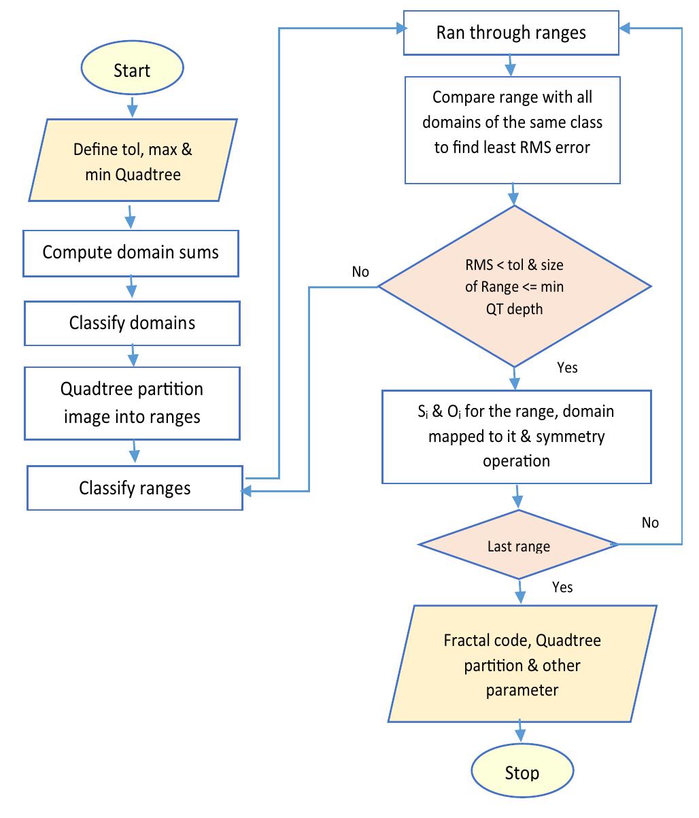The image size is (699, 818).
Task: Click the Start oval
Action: [132, 71]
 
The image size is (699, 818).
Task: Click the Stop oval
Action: [522, 773]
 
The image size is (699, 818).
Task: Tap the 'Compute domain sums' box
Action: [131, 253]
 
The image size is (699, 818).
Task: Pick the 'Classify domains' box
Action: [132, 323]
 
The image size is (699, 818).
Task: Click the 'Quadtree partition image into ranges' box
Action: [132, 403]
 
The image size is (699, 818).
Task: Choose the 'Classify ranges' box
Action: [135, 488]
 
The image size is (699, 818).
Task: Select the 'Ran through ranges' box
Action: [511, 33]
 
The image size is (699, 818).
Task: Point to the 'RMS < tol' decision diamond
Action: [515, 286]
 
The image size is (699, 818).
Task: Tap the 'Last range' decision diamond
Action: [519, 546]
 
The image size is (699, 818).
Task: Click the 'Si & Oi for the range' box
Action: [517, 436]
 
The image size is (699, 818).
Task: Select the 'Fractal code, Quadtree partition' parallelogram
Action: [522, 665]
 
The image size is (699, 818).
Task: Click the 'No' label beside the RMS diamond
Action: [360, 272]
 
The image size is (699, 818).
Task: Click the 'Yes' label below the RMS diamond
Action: [567, 367]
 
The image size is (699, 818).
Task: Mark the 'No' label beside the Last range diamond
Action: [650, 522]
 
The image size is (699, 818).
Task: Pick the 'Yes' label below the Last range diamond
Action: [562, 587]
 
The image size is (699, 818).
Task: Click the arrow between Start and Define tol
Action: [133, 107]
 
